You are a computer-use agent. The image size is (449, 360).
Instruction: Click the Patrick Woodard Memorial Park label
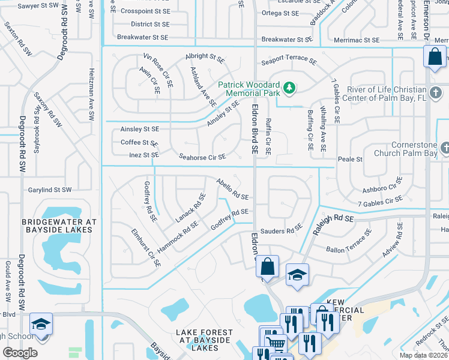249,89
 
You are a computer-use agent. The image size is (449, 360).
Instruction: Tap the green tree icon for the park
290,89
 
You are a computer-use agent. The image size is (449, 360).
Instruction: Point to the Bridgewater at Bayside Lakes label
59,226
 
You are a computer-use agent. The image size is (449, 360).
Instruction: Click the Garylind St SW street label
50,190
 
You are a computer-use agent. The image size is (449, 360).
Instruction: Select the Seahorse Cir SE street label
202,157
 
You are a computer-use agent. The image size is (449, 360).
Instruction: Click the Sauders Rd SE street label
285,230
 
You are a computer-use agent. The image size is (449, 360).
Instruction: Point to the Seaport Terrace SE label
289,61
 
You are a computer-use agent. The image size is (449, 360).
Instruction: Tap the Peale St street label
351,160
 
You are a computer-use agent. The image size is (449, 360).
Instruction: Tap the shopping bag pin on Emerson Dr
434,57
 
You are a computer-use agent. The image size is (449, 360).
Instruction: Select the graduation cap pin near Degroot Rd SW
41,325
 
